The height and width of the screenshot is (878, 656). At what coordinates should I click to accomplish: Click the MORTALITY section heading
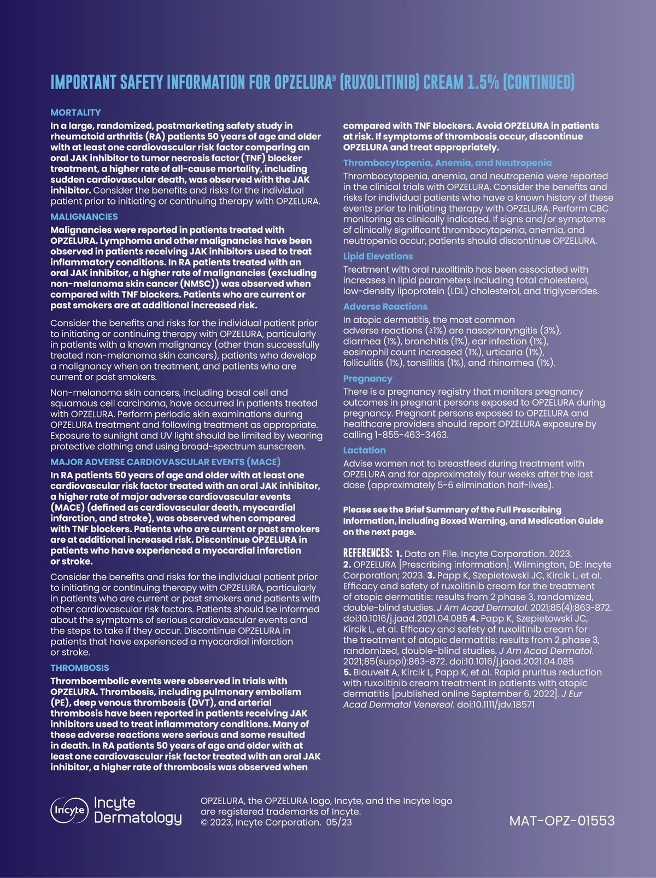[75, 113]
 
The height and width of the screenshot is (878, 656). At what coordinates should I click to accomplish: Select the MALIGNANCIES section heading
[84, 216]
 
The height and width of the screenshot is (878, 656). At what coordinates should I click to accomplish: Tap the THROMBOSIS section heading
[79, 668]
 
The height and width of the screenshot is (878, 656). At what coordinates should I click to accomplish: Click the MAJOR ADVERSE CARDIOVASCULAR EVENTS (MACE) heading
[165, 462]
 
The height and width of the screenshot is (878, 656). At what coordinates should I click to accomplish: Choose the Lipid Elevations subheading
[378, 256]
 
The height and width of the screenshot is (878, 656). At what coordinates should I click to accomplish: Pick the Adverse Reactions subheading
[385, 307]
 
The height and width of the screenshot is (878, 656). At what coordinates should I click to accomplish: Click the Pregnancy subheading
[367, 378]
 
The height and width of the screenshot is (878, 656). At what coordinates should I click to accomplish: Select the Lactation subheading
[364, 450]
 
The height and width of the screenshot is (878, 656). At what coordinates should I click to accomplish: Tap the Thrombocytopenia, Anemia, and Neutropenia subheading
[447, 163]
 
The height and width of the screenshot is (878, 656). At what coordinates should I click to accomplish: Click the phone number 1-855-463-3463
[411, 435]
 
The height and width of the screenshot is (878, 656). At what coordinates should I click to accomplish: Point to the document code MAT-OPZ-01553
[561, 821]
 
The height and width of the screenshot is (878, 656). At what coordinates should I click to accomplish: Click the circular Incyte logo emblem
[69, 810]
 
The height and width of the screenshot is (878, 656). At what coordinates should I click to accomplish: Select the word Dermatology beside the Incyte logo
[138, 818]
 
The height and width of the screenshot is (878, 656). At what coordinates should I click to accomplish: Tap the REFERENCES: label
[367, 553]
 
